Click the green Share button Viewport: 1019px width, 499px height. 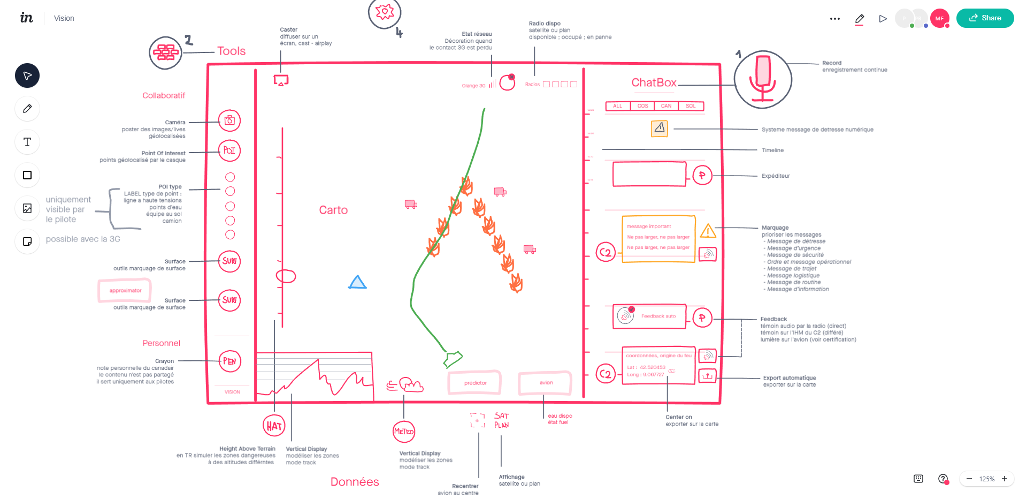click(x=985, y=18)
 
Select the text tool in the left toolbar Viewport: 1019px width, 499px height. click(x=27, y=142)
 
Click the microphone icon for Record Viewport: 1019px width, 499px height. click(x=763, y=79)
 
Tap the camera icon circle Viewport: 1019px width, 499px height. click(x=229, y=120)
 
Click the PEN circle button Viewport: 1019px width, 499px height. click(x=229, y=361)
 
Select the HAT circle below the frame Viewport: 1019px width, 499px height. click(x=274, y=426)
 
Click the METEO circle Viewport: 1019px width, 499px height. click(x=404, y=432)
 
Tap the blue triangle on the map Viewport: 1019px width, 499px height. click(x=357, y=283)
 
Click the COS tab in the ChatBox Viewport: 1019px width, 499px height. click(x=642, y=106)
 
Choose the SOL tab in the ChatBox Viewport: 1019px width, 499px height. click(x=691, y=106)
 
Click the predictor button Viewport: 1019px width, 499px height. click(x=475, y=383)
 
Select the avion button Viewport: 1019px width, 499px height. click(x=546, y=383)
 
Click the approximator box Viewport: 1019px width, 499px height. click(x=125, y=291)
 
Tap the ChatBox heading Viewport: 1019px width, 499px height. click(x=654, y=82)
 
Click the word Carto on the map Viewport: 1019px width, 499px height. click(x=333, y=210)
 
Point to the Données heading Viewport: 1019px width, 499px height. click(x=355, y=482)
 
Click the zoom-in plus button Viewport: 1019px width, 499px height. click(x=1005, y=479)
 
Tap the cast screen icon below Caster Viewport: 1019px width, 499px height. click(x=281, y=80)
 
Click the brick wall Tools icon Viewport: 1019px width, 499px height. click(x=166, y=52)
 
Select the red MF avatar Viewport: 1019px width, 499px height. click(x=939, y=18)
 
